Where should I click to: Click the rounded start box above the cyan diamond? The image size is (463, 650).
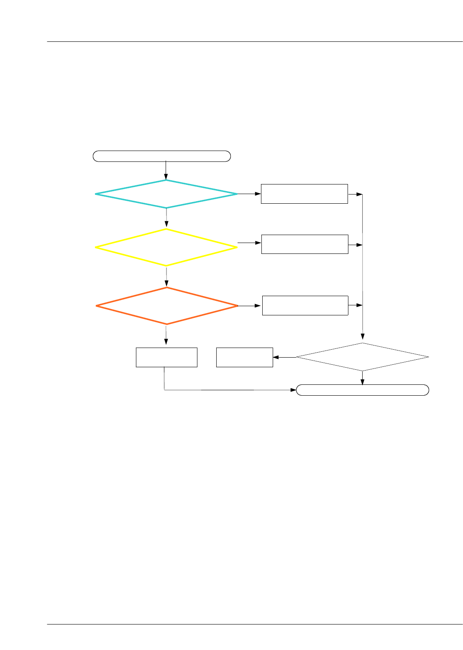161,156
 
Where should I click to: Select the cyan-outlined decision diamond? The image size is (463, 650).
166,194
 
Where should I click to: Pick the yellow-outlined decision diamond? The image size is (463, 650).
166,247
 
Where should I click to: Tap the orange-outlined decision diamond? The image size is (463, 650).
167,306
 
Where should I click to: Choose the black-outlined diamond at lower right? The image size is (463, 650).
362,357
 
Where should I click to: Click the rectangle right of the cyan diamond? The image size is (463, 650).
304,194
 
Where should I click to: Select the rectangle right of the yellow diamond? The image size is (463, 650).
304,244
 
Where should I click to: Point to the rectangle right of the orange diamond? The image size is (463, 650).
305,305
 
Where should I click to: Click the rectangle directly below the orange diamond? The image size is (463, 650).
166,357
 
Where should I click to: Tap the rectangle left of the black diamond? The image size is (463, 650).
244,357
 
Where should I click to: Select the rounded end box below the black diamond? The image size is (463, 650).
362,390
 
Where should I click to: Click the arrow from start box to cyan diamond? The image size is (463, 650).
166,170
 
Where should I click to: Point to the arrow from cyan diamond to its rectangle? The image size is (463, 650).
249,194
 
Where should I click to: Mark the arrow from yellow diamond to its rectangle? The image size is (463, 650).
249,243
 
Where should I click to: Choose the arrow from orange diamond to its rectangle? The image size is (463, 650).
250,306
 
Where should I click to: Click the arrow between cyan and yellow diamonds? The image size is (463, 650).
166,218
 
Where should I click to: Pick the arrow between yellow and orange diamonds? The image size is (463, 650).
166,276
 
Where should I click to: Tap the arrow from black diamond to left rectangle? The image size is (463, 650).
284,357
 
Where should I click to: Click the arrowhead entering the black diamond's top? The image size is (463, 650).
363,336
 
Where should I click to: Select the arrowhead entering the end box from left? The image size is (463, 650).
293,390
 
